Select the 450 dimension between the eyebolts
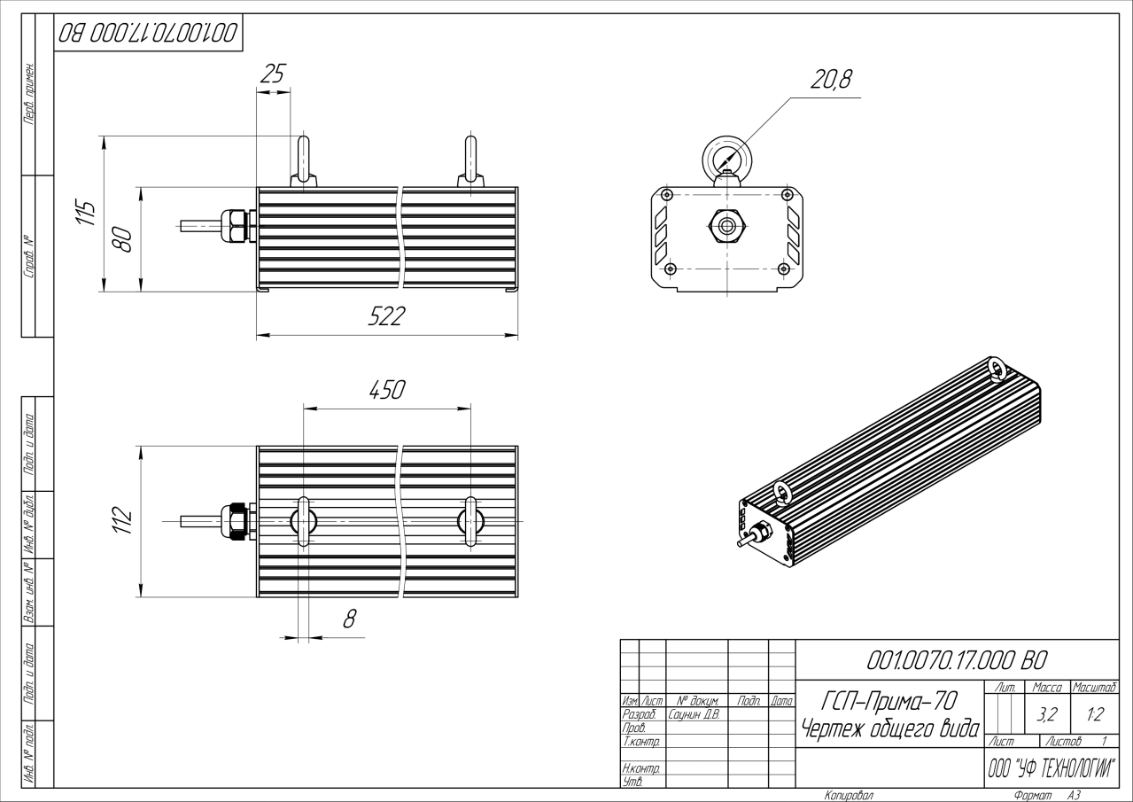387,390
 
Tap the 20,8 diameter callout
830,80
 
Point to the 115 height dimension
85,214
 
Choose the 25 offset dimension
273,74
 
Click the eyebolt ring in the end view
726,160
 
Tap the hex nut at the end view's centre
726,225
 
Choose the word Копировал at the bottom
849,795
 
